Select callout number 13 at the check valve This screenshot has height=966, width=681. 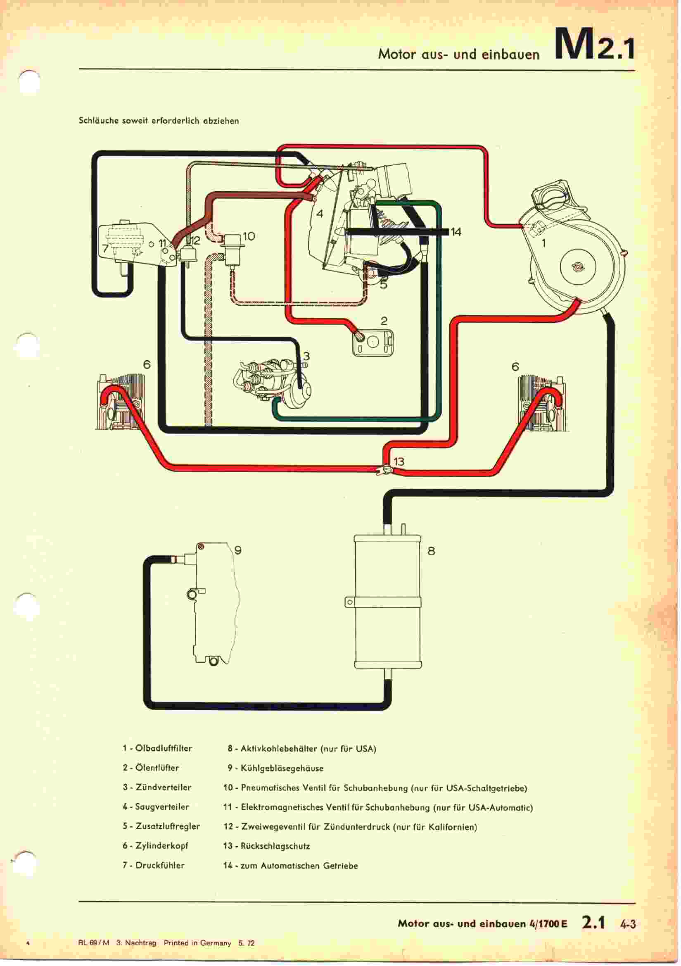[399, 462]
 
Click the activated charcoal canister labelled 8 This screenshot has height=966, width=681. [387, 602]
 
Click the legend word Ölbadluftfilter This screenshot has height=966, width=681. [164, 749]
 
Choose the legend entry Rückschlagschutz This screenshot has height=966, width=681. [275, 846]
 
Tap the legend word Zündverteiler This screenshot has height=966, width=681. [163, 787]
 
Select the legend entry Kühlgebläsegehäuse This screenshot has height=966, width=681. [282, 768]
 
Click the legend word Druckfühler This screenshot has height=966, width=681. [160, 866]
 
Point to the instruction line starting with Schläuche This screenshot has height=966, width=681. [159, 121]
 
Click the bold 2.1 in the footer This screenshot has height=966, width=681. [593, 923]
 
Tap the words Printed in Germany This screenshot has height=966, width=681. [197, 943]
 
